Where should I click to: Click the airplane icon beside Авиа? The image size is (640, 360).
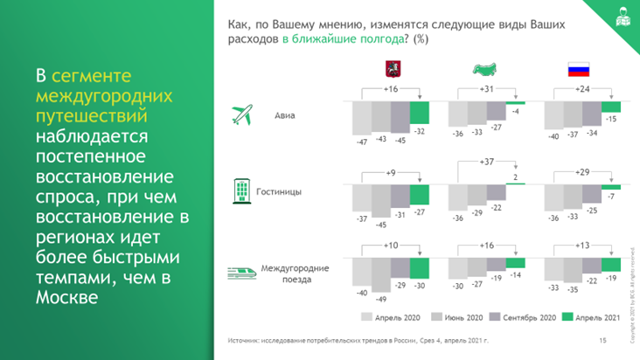(242, 114)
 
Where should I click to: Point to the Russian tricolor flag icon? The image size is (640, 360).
(580, 69)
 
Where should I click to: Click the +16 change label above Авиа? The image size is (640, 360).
(391, 90)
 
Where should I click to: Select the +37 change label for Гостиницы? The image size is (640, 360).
(487, 162)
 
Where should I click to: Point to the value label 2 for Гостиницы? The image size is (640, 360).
(516, 177)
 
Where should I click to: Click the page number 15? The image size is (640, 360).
(602, 340)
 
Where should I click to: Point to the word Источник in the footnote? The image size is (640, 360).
(245, 340)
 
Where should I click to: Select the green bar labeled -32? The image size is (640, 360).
(420, 113)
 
